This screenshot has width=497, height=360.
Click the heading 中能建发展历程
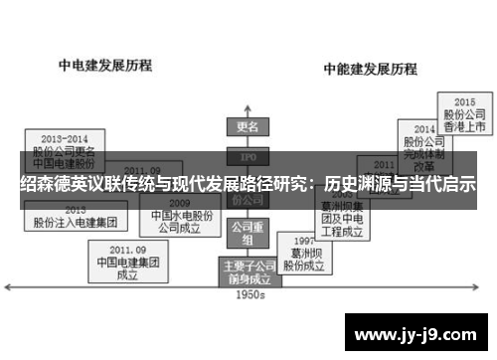pyautogui.click(x=369, y=70)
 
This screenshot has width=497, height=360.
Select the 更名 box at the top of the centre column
pyautogui.click(x=247, y=127)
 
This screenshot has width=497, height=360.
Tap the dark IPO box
pyautogui.click(x=247, y=157)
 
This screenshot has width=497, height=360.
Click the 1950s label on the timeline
pyautogui.click(x=248, y=294)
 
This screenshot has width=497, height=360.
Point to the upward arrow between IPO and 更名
pyautogui.click(x=247, y=142)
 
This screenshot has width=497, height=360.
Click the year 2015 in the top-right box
pyautogui.click(x=464, y=102)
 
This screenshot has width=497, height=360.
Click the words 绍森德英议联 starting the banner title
pyautogui.click(x=63, y=184)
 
